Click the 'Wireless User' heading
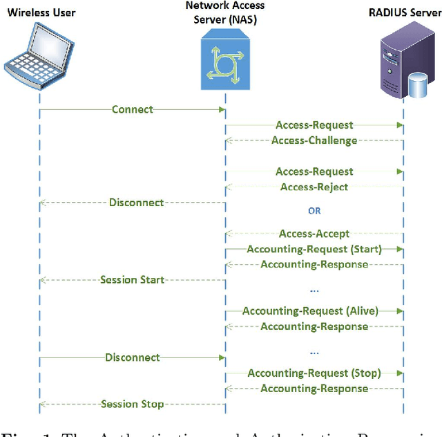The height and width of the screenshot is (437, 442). coord(41,12)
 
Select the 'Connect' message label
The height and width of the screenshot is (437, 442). coord(132,109)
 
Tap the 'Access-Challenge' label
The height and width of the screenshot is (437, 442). coord(314,140)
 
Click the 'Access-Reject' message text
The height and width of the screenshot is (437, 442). coord(314,187)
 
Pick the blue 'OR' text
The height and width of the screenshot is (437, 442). coord(314,211)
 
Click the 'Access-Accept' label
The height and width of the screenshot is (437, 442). coord(314,234)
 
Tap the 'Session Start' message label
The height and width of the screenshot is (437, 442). coord(132,280)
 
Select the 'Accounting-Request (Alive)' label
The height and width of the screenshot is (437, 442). coord(310,311)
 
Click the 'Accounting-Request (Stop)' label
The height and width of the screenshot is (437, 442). coord(314,373)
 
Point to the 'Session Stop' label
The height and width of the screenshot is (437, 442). coord(132,405)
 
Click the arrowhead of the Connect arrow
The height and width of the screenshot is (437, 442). coord(222,109)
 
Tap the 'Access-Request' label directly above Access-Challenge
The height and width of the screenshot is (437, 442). coord(314,125)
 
